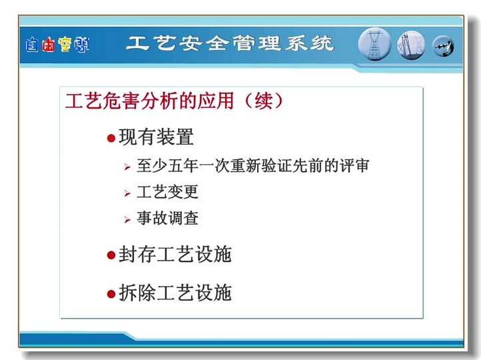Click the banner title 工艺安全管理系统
point(230,43)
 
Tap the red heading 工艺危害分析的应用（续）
point(174,101)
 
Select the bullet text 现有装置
point(156,137)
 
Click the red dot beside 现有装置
point(111,138)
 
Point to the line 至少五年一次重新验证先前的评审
point(252,166)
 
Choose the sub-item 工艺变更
point(167,192)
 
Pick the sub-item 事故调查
point(167,218)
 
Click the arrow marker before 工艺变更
point(127,193)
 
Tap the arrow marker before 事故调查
point(127,220)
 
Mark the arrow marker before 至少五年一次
point(127,167)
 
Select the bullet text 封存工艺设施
point(175,254)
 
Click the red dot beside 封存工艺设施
point(111,255)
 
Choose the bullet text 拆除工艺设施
point(175,293)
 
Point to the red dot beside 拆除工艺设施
point(111,294)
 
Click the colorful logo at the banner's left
point(57,45)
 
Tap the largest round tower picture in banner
point(374,44)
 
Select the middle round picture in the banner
point(411,45)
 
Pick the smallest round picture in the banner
point(443,47)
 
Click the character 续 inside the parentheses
point(264,101)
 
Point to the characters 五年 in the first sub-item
point(183,166)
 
